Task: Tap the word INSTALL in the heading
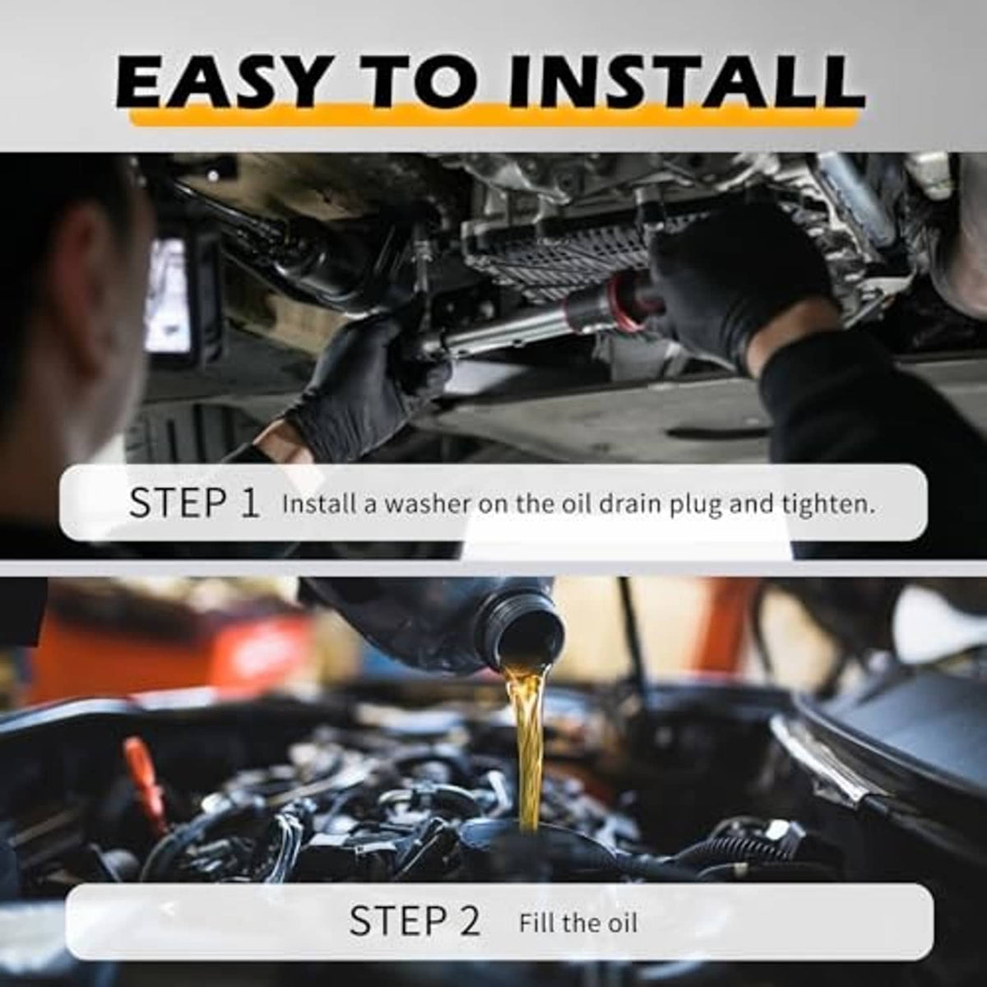(x=685, y=85)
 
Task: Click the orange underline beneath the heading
(x=493, y=117)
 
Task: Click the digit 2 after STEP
(x=466, y=920)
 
